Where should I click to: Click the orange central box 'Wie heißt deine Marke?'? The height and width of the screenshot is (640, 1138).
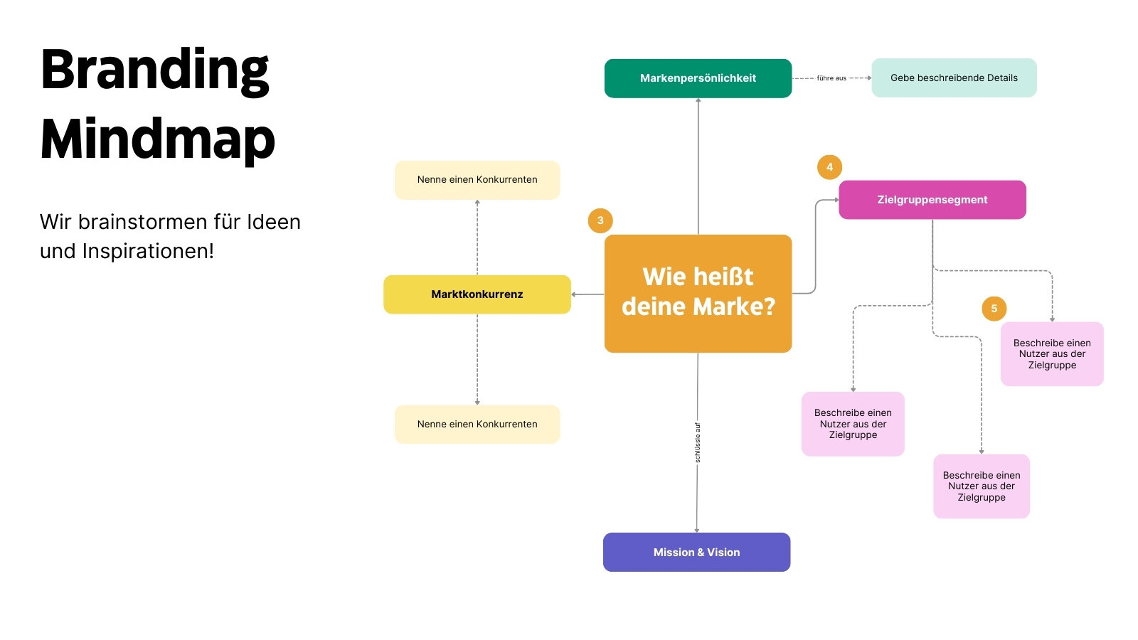tap(698, 294)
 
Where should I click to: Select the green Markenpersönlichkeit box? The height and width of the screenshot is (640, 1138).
tap(698, 78)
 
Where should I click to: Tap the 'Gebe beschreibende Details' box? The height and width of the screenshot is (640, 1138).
tap(954, 78)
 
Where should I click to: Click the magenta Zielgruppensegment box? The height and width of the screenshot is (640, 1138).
tap(932, 200)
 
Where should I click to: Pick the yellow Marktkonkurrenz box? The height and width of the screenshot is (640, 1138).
tap(477, 294)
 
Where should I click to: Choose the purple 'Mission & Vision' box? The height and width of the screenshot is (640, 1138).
tap(696, 552)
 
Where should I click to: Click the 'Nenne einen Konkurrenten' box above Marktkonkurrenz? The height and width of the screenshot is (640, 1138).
tap(477, 180)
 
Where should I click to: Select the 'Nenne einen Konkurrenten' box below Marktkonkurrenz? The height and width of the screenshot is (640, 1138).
tap(477, 424)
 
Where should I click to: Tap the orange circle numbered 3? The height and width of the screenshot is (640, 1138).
tap(600, 220)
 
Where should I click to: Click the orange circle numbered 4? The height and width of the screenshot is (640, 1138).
tap(829, 167)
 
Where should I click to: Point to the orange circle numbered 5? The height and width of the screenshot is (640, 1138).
tap(994, 309)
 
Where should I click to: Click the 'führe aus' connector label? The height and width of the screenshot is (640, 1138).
tap(831, 78)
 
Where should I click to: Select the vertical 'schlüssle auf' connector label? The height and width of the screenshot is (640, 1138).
tap(698, 442)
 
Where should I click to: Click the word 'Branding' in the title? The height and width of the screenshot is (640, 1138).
tap(154, 70)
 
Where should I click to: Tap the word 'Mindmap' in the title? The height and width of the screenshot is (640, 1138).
tap(157, 139)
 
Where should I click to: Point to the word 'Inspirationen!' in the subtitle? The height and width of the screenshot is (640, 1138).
tap(148, 251)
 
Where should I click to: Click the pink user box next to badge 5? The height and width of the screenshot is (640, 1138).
tap(1052, 354)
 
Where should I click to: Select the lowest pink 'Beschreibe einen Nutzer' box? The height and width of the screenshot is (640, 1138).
tap(981, 486)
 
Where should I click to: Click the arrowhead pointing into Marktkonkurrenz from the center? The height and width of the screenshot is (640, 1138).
tap(573, 294)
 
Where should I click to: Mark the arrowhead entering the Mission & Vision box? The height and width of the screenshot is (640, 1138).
tap(696, 530)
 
